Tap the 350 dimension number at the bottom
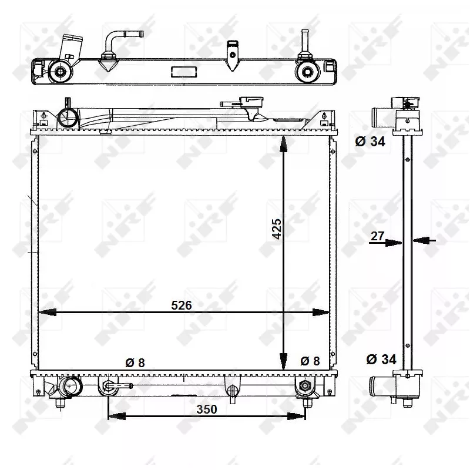pos(206,409)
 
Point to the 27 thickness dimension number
pos(377,236)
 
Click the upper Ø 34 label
pos(371,141)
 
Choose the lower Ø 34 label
pos(381,359)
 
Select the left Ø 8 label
pos(135,362)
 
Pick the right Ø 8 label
pos(310,361)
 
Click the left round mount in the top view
pos(61,72)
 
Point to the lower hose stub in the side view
pos(380,385)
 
